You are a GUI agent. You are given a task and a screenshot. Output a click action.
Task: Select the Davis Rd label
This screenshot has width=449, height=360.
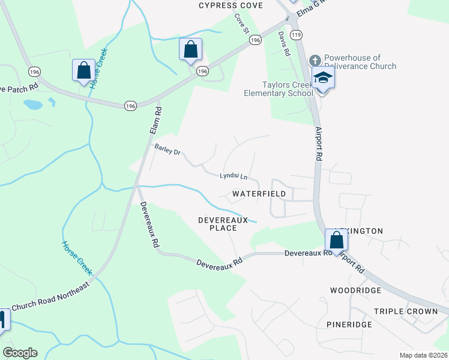point(284,43)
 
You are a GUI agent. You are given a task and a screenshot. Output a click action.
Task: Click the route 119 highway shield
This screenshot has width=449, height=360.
point(295,35)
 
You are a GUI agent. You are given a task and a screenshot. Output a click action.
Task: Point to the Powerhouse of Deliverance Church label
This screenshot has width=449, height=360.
point(360,62)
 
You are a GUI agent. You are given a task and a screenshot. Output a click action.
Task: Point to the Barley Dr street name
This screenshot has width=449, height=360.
point(167,152)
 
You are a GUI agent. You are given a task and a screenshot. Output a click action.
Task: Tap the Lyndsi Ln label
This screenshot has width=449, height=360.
point(234,176)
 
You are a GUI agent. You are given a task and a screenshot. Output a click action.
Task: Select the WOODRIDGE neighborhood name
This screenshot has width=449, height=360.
point(355,290)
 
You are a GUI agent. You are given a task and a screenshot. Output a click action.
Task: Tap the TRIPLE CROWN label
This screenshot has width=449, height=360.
point(405,311)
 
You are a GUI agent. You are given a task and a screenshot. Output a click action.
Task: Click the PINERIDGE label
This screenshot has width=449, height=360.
point(349,325)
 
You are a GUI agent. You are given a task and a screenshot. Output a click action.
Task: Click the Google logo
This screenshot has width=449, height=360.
point(20,353)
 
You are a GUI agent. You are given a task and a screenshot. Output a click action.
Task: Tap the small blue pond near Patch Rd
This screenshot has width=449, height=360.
point(33,105)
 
